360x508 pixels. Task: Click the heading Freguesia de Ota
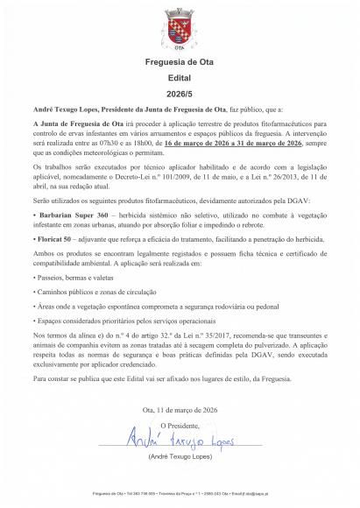[180, 64]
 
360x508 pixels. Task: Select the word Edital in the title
[180, 77]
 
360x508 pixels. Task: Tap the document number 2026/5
[180, 90]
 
